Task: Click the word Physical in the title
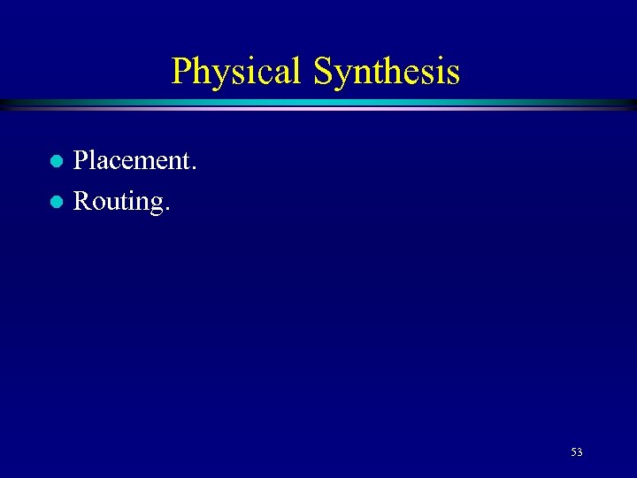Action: coord(237,71)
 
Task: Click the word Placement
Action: coord(134,160)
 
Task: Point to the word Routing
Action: coord(120,202)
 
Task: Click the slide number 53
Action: coord(576,452)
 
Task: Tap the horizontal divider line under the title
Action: coord(318,104)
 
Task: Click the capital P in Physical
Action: coord(182,71)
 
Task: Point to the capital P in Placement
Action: coord(81,160)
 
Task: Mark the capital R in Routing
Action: coord(81,201)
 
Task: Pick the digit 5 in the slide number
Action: coord(573,452)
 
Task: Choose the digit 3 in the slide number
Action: coord(579,452)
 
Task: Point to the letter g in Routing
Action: coord(154,204)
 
